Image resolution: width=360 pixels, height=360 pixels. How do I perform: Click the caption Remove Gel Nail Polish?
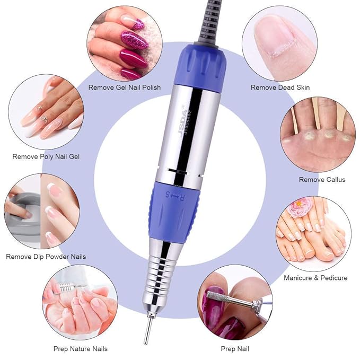pos(125,87)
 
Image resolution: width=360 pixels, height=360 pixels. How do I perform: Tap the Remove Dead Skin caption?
pos(280,87)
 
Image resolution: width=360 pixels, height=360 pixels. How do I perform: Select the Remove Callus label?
pos(322,180)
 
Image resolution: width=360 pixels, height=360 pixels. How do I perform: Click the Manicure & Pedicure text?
pos(315,278)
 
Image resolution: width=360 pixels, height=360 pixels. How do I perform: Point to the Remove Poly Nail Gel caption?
pos(46,156)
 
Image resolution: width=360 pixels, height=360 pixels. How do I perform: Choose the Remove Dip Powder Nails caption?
pos(46,257)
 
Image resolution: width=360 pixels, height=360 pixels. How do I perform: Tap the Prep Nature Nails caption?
pos(81,348)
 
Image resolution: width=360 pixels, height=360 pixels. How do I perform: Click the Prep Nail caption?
pos(234,348)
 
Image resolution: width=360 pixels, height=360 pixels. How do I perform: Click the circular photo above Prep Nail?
pos(235,305)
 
